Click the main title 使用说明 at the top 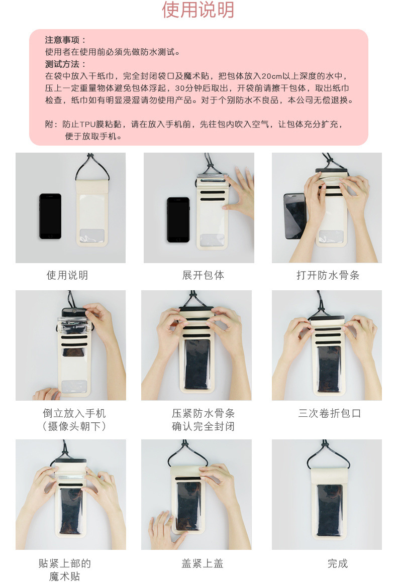point(198,10)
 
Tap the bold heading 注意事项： point(66,40)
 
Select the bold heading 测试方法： point(66,64)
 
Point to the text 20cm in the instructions point(272,76)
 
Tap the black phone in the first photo point(50,216)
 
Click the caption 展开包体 point(203,275)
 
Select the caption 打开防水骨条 point(328,275)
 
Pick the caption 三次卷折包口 point(330,413)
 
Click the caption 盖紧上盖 point(203,563)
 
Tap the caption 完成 point(338,563)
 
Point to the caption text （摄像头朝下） point(74,426)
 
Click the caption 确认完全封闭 point(203,426)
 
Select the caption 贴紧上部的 point(65,563)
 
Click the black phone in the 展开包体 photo point(178,219)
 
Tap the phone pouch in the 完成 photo point(329,502)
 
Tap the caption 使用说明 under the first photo point(67,275)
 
